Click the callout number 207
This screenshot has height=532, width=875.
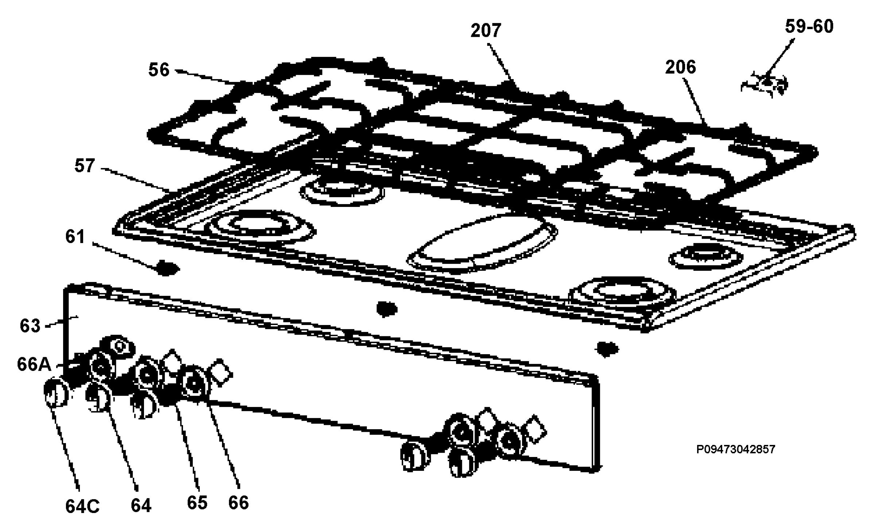[486, 31]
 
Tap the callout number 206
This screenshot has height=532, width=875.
[680, 67]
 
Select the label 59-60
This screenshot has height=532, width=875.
[809, 27]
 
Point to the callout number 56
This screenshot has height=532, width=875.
[159, 70]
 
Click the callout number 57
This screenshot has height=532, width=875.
[85, 166]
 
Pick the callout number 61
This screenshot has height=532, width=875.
[75, 236]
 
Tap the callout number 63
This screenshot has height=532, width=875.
[30, 326]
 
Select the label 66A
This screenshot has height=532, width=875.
[34, 364]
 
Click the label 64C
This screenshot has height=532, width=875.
[82, 506]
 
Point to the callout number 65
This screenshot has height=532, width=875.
[197, 503]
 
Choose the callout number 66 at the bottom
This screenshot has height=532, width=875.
[238, 503]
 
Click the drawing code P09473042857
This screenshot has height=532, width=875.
[736, 449]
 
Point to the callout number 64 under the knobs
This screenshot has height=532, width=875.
[141, 506]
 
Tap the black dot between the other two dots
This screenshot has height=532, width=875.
[387, 309]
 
